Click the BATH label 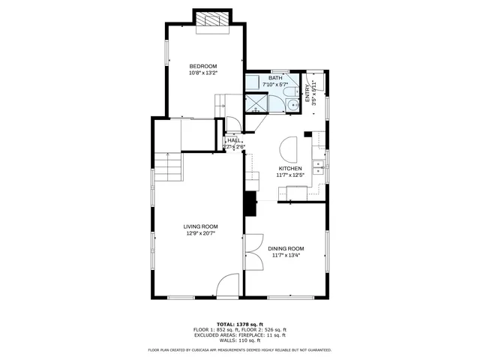(275, 78)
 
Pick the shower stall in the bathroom (256, 102)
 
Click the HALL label (235, 140)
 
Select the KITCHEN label (290, 169)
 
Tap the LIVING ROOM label (200, 226)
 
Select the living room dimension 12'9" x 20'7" (200, 233)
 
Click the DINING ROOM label (286, 248)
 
